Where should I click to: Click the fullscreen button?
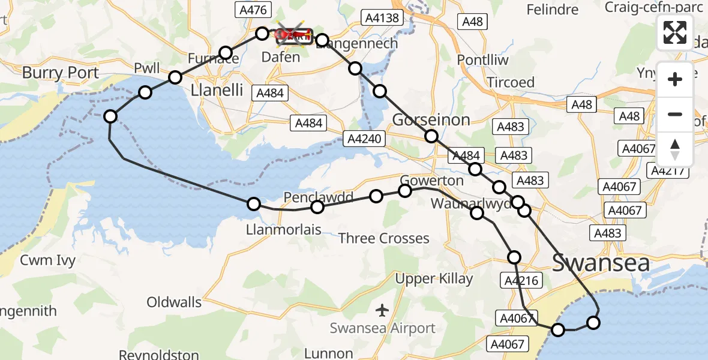click(x=675, y=32)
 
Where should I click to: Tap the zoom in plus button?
click(x=675, y=79)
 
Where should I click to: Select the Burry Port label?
click(x=61, y=73)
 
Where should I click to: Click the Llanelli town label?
click(x=217, y=91)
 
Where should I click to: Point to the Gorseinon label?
click(x=431, y=119)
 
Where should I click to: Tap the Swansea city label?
click(x=601, y=263)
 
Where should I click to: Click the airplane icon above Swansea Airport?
click(x=382, y=310)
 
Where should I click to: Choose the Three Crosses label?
click(x=384, y=238)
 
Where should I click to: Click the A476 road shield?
click(x=252, y=10)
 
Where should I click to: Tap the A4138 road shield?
click(x=382, y=18)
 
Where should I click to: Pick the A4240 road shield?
click(x=363, y=139)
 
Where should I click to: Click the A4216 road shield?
click(x=521, y=280)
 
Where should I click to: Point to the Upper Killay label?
click(x=434, y=278)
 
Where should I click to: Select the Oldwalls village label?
click(x=174, y=302)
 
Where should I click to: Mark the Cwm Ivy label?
click(x=48, y=260)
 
